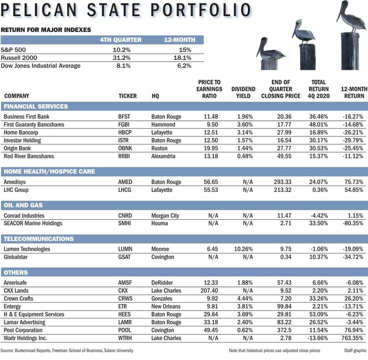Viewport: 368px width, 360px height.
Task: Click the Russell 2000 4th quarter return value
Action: (121, 58)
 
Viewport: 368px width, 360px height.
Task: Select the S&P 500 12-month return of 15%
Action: (185, 50)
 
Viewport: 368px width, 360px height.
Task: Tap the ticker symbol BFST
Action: (124, 117)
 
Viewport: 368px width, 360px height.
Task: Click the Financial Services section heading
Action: (36, 106)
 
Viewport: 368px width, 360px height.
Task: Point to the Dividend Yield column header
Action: (243, 92)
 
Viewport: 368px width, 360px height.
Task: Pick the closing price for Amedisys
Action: (282, 182)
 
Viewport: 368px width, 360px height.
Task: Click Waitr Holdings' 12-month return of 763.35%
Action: (352, 338)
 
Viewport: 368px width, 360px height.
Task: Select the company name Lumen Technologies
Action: (27, 249)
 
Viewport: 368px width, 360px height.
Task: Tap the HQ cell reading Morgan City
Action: (165, 216)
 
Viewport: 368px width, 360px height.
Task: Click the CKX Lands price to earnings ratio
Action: (209, 291)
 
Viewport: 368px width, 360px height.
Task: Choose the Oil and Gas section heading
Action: (23, 205)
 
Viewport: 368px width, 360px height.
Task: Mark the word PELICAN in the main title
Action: (39, 10)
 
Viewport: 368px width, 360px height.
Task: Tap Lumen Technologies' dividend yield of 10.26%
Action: (243, 249)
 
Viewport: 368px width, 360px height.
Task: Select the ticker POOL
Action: (125, 330)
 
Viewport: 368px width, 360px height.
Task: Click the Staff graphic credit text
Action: (355, 351)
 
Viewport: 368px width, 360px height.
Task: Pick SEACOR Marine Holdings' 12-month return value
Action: (353, 223)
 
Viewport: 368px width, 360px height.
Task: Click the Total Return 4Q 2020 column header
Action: (318, 89)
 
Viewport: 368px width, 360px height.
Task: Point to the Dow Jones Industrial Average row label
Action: (41, 66)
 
